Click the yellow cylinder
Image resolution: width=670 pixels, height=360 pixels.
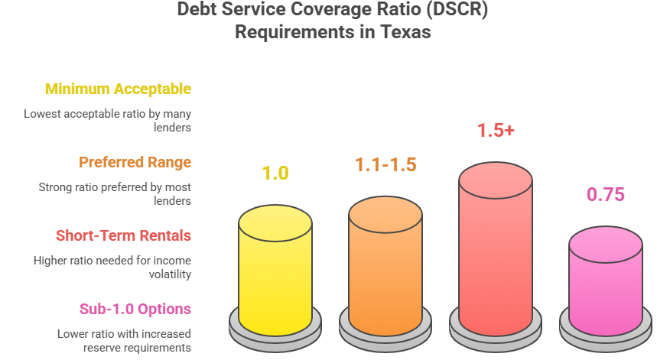[x=275, y=271]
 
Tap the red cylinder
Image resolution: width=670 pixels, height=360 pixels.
[x=495, y=252]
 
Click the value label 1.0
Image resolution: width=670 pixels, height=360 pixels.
[x=275, y=174]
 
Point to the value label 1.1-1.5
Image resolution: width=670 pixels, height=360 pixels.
[x=385, y=164]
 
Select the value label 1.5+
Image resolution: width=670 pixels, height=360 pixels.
[x=496, y=131]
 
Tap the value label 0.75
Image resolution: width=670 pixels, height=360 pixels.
[x=606, y=195]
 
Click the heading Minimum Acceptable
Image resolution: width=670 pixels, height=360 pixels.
[x=118, y=89]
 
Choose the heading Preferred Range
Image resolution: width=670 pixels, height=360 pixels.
[x=135, y=162]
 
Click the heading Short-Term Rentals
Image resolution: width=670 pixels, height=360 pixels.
[x=123, y=235]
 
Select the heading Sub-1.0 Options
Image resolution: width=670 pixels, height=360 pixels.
[x=135, y=309]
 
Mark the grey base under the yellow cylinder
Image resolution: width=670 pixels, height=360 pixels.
[x=275, y=330]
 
